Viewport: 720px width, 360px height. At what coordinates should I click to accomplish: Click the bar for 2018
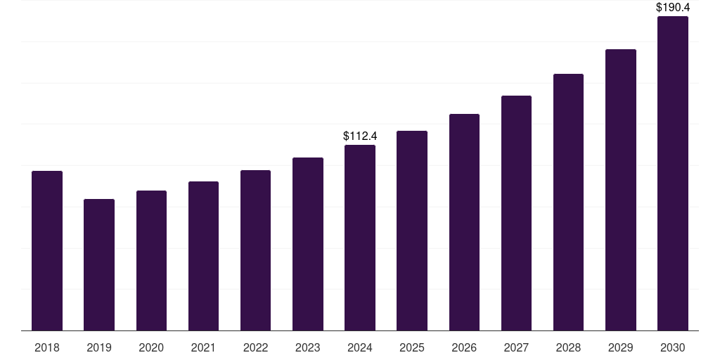pyautogui.click(x=47, y=250)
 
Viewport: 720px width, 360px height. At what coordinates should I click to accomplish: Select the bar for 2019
pyautogui.click(x=99, y=264)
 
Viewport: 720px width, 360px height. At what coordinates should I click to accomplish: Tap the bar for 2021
pyautogui.click(x=203, y=256)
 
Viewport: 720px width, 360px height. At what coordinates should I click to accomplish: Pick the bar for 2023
pyautogui.click(x=308, y=244)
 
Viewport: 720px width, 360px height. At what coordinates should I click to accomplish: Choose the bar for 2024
pyautogui.click(x=360, y=238)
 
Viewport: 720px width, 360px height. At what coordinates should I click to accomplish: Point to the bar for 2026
pyautogui.click(x=464, y=222)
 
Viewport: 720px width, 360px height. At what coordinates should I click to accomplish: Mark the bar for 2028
pyautogui.click(x=568, y=202)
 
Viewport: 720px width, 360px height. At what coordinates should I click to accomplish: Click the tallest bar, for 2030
pyautogui.click(x=673, y=173)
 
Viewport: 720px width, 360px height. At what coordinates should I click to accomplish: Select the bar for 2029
pyautogui.click(x=621, y=190)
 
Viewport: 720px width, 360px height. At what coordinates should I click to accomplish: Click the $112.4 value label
pyautogui.click(x=360, y=136)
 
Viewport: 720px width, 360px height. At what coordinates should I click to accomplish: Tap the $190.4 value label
pyautogui.click(x=673, y=7)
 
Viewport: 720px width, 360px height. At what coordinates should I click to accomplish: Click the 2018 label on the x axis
pyautogui.click(x=47, y=347)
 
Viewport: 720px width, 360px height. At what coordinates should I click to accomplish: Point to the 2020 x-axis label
pyautogui.click(x=151, y=347)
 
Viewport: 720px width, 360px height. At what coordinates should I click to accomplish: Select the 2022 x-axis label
pyautogui.click(x=255, y=347)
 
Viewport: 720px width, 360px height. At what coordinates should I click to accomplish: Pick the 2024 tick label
pyautogui.click(x=360, y=347)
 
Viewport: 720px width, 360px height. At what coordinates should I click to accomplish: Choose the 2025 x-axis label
pyautogui.click(x=412, y=347)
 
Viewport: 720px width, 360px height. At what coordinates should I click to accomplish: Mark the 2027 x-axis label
pyautogui.click(x=516, y=347)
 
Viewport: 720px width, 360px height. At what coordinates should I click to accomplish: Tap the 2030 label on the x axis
pyautogui.click(x=673, y=347)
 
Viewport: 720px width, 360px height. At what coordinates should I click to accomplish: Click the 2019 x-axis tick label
pyautogui.click(x=99, y=347)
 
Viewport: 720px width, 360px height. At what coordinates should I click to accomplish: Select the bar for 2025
pyautogui.click(x=412, y=231)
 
